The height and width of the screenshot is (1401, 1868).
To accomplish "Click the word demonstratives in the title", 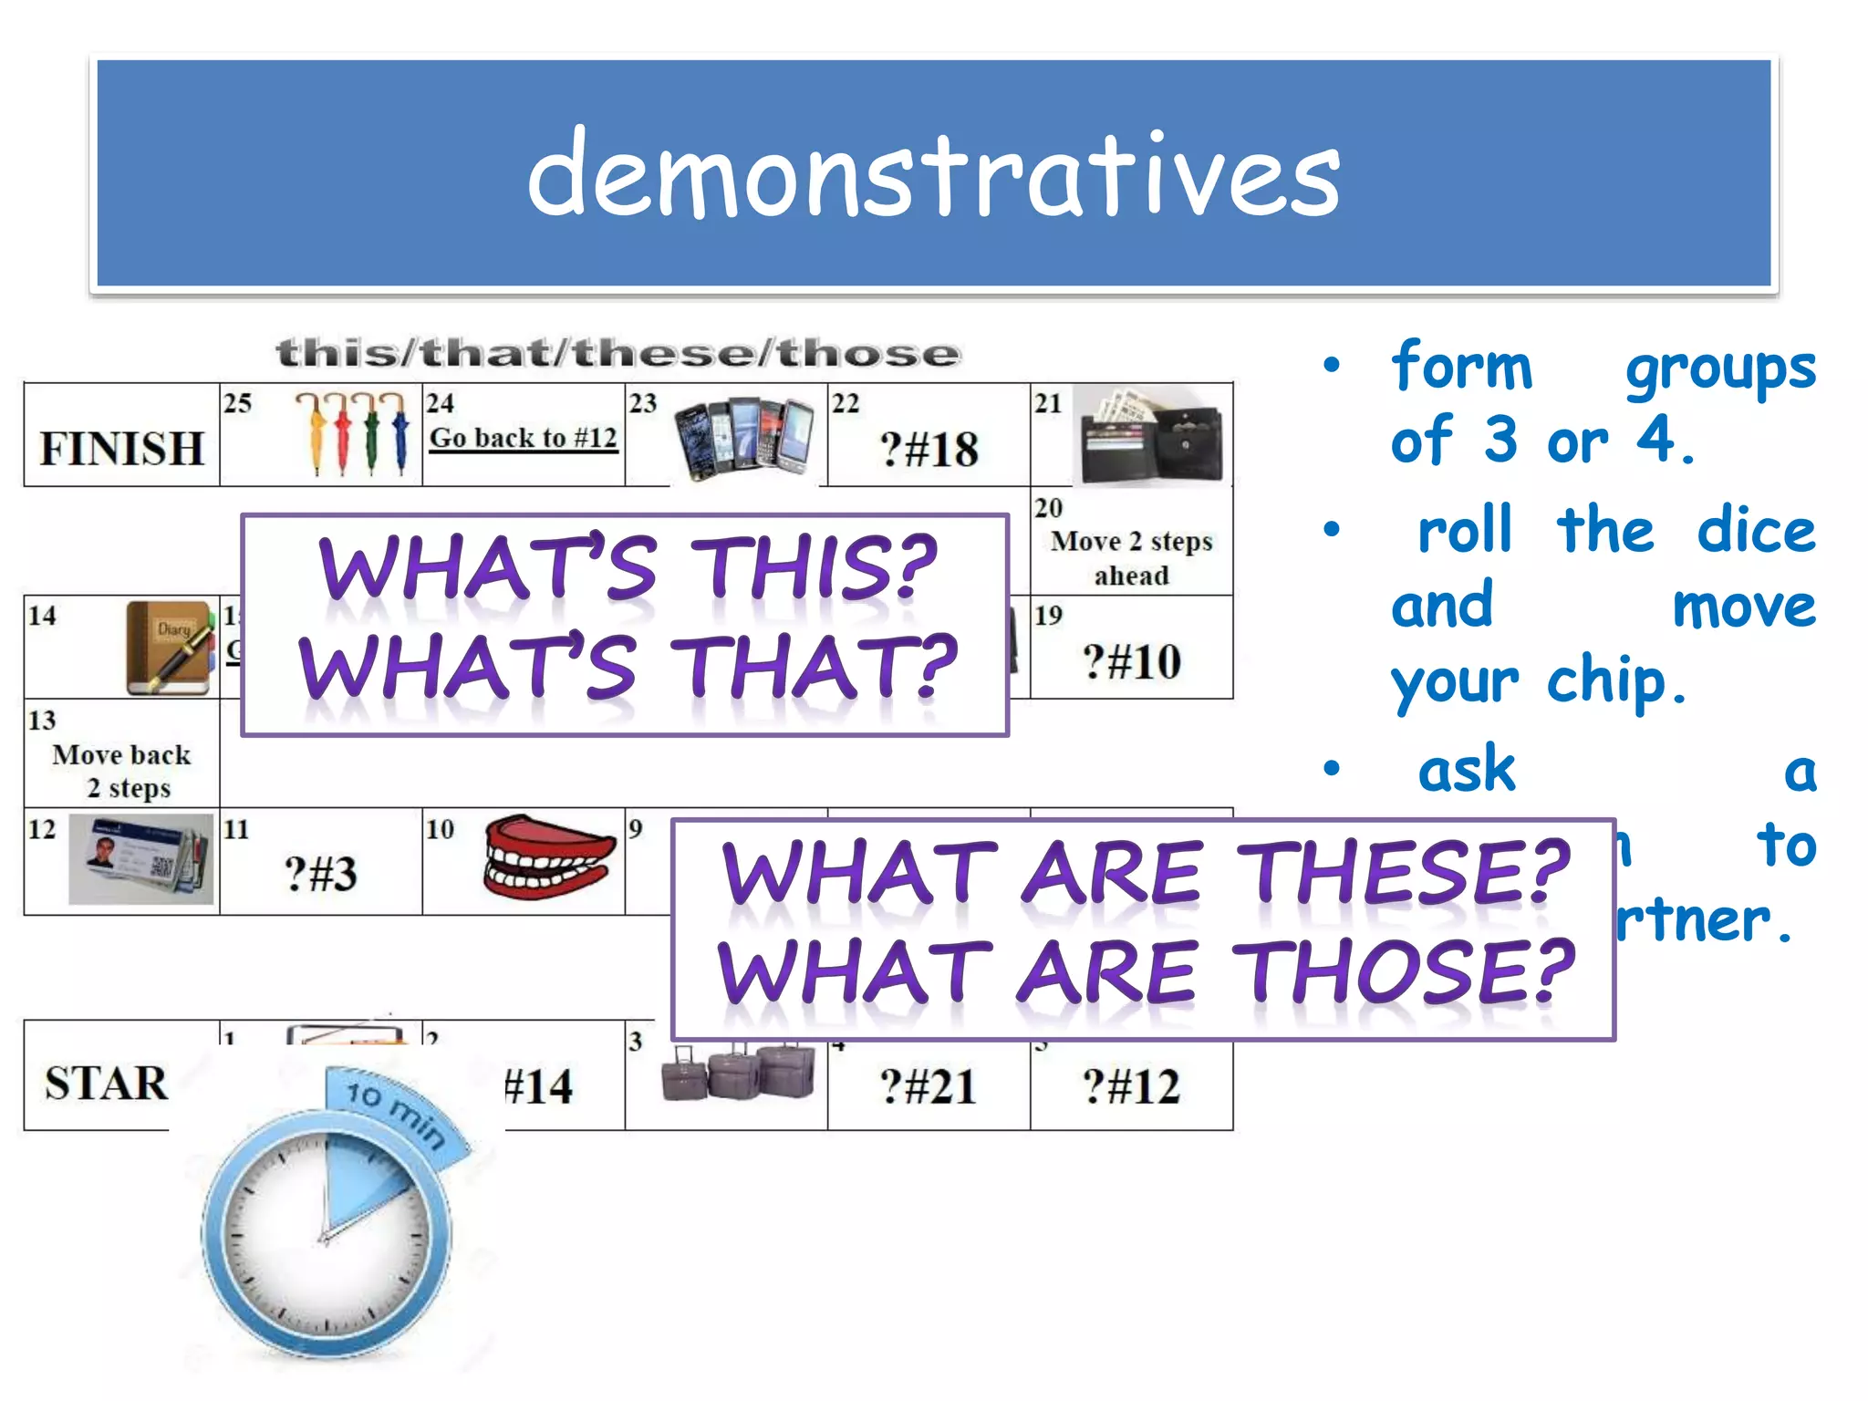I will pos(933,173).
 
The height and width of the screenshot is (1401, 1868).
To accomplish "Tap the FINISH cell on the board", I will pos(121,448).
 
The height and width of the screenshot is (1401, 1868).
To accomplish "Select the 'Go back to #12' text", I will pos(524,438).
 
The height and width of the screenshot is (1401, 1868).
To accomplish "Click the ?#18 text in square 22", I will pos(929,450).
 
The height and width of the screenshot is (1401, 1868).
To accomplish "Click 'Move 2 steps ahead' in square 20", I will pos(1131,557).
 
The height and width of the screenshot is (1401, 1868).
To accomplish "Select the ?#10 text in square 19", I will pos(1131,661).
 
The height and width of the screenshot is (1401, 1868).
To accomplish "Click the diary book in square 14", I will pos(170,647).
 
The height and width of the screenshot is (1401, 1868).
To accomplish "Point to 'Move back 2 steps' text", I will pos(122,771).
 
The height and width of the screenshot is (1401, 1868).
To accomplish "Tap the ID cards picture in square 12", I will pos(141,860).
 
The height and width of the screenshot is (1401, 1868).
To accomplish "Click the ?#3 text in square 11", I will pos(320,873).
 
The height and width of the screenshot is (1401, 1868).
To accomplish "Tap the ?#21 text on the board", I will pos(929,1086).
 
